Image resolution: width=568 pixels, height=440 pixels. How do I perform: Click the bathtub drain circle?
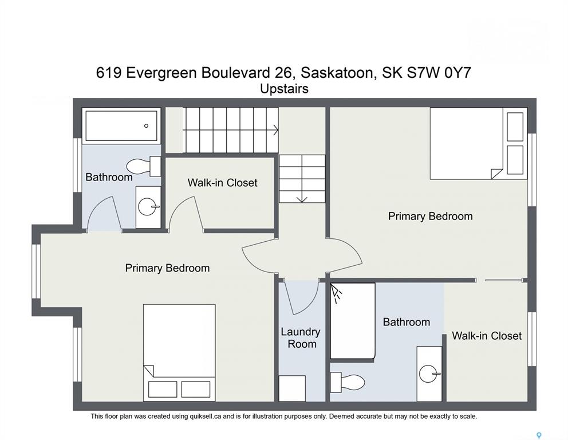tap(146, 126)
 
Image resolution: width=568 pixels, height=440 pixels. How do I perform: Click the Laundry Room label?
tap(301, 338)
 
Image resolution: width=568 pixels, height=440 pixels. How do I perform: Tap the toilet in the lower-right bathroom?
tap(347, 382)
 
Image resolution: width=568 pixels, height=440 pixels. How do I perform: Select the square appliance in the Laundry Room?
tap(291, 388)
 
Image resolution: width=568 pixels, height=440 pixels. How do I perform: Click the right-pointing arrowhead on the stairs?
tap(275, 130)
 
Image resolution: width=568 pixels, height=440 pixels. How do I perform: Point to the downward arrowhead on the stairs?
tap(302, 199)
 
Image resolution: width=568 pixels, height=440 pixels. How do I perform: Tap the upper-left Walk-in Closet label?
tap(222, 183)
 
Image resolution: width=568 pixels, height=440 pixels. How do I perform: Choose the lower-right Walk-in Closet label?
tap(487, 336)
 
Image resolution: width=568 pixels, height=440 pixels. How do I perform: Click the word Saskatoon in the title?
tap(337, 73)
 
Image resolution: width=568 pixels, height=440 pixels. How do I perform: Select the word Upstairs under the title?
tap(285, 89)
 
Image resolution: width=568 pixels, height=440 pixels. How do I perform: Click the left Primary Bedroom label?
tap(167, 268)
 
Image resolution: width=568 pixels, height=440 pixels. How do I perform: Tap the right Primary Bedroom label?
tap(431, 217)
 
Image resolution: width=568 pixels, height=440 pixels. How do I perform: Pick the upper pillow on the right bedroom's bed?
tap(515, 127)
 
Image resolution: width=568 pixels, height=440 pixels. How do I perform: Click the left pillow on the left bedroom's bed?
tap(163, 389)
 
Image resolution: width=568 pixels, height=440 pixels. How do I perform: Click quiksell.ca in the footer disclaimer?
tap(206, 417)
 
